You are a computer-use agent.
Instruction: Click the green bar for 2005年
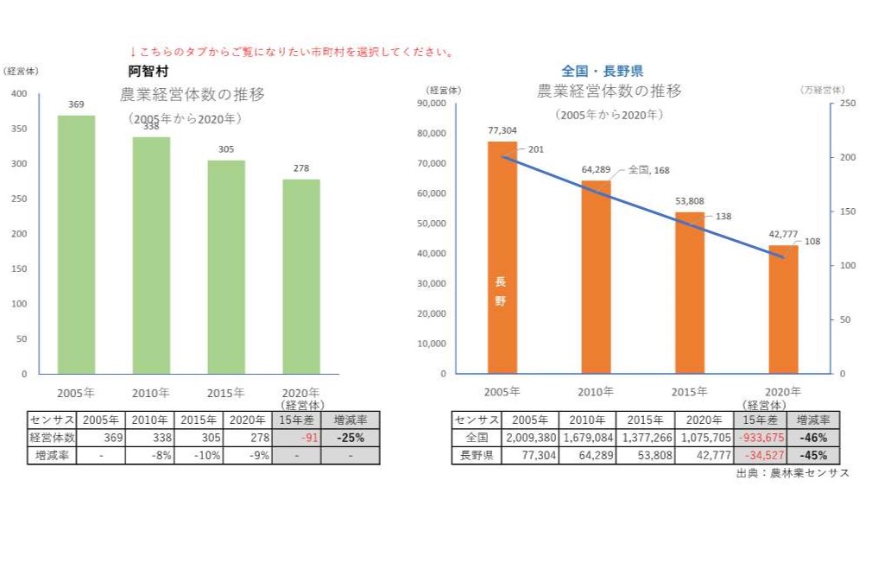[76, 244]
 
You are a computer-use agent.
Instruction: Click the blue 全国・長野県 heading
[602, 71]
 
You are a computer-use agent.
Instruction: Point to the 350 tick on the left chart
[18, 129]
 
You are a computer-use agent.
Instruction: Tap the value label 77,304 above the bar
[502, 130]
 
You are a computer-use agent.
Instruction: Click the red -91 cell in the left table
[296, 438]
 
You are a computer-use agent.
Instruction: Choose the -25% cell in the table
[350, 438]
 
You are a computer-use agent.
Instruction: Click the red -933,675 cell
[760, 438]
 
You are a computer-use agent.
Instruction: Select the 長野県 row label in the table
[476, 455]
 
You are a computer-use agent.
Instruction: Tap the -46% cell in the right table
[813, 438]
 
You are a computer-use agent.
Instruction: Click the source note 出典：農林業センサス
[792, 473]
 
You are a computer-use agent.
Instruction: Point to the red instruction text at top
[292, 53]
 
